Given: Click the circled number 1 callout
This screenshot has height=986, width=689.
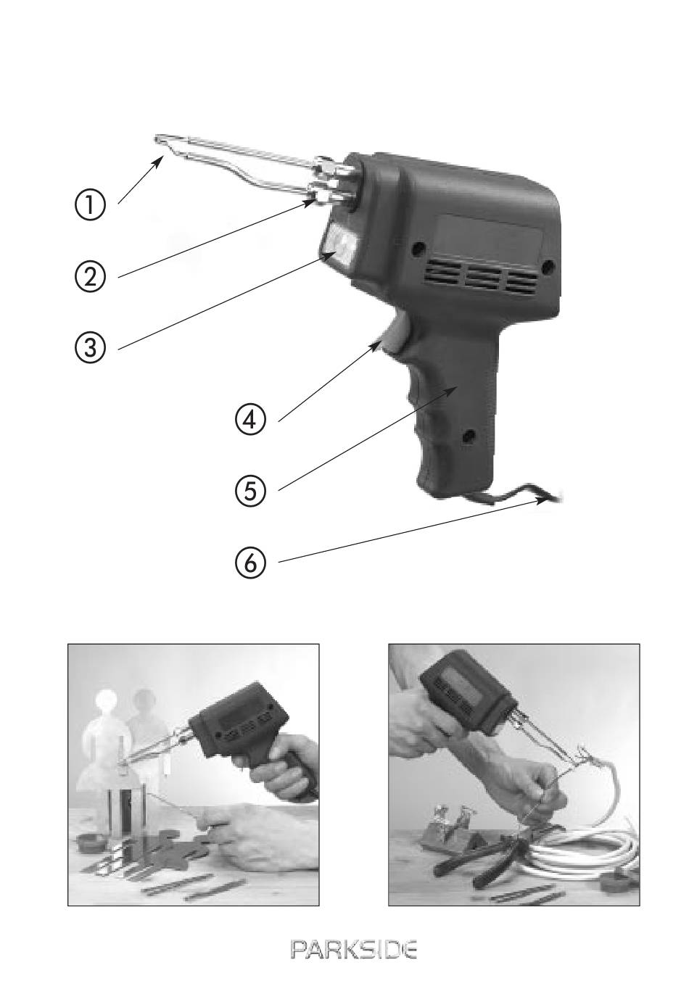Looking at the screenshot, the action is tap(90, 205).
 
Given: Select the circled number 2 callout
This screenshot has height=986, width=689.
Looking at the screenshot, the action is tap(90, 277).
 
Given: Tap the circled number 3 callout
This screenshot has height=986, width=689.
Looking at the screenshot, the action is tap(90, 348).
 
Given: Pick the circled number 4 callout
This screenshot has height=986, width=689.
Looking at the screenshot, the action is tap(250, 419).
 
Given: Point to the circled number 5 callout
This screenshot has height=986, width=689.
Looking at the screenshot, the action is tap(250, 491).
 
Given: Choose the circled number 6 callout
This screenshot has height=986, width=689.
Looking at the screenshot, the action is tap(250, 563).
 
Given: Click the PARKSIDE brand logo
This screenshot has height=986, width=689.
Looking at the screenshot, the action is tap(353, 950).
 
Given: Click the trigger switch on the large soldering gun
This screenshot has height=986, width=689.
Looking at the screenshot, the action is tap(395, 334).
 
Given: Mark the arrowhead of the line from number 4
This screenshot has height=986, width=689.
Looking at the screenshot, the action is tap(376, 346).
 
